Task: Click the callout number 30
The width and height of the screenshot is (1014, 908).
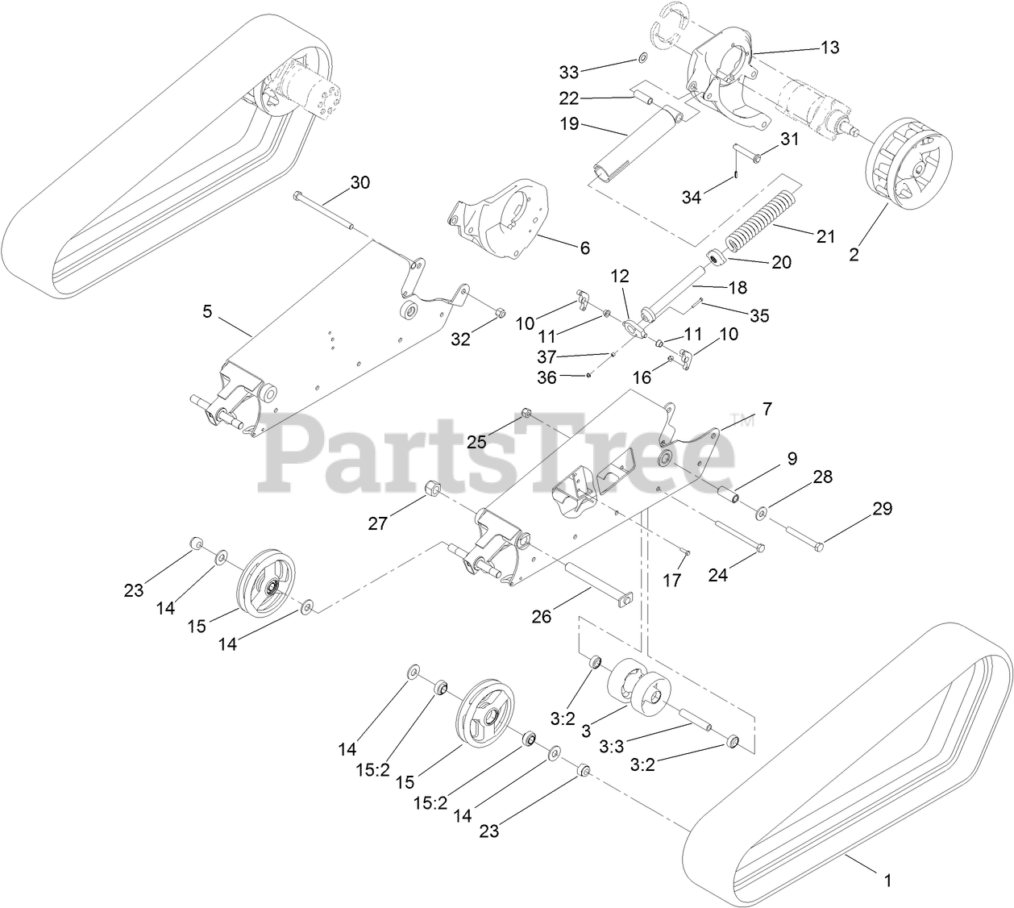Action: pos(359,183)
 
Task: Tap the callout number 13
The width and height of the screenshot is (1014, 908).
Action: pos(829,48)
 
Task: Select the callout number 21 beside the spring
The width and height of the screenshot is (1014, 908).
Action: pos(825,235)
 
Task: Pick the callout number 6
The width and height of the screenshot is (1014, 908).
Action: pos(584,248)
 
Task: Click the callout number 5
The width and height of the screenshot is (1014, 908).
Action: pos(207,312)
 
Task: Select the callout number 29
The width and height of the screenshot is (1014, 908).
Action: pos(883,509)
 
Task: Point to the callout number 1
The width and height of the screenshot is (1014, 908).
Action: pos(888,881)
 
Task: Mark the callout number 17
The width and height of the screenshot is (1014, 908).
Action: pos(672,579)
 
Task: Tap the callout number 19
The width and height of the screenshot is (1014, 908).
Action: pos(568,125)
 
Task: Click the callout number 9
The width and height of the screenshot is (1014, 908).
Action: pos(792,458)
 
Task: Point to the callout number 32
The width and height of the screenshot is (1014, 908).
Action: pos(460,339)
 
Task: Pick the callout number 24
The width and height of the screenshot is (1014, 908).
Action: pos(718,575)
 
